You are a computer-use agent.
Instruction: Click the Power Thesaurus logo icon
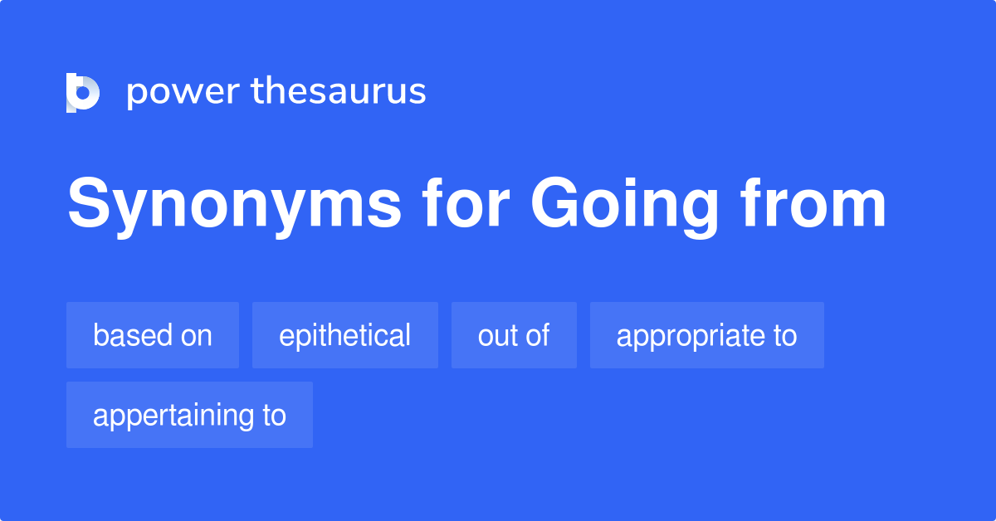pos(83,92)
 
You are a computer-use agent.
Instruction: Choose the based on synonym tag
pos(153,335)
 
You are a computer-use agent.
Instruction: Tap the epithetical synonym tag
pos(344,335)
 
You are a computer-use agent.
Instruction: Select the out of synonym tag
pos(514,335)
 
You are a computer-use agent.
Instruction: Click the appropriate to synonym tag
pos(706,335)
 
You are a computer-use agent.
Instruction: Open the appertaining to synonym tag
pos(189,415)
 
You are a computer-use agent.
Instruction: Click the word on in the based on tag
pos(196,335)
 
